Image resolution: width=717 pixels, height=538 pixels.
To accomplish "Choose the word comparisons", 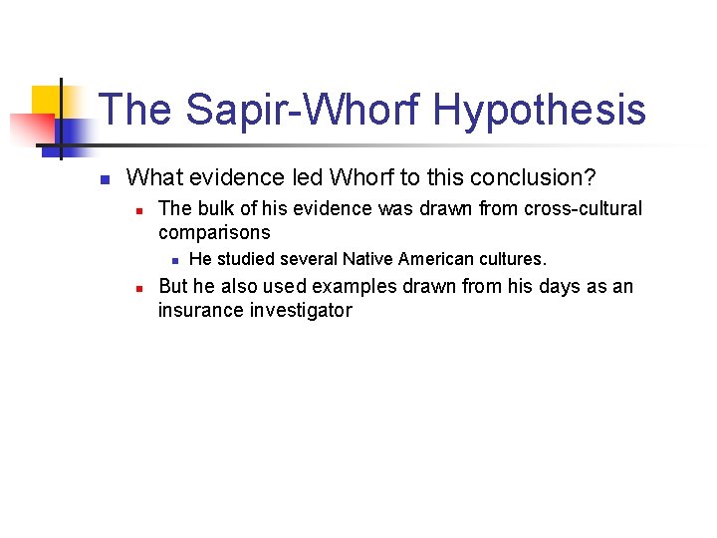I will [214, 233].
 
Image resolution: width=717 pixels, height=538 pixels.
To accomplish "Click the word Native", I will [366, 260].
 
